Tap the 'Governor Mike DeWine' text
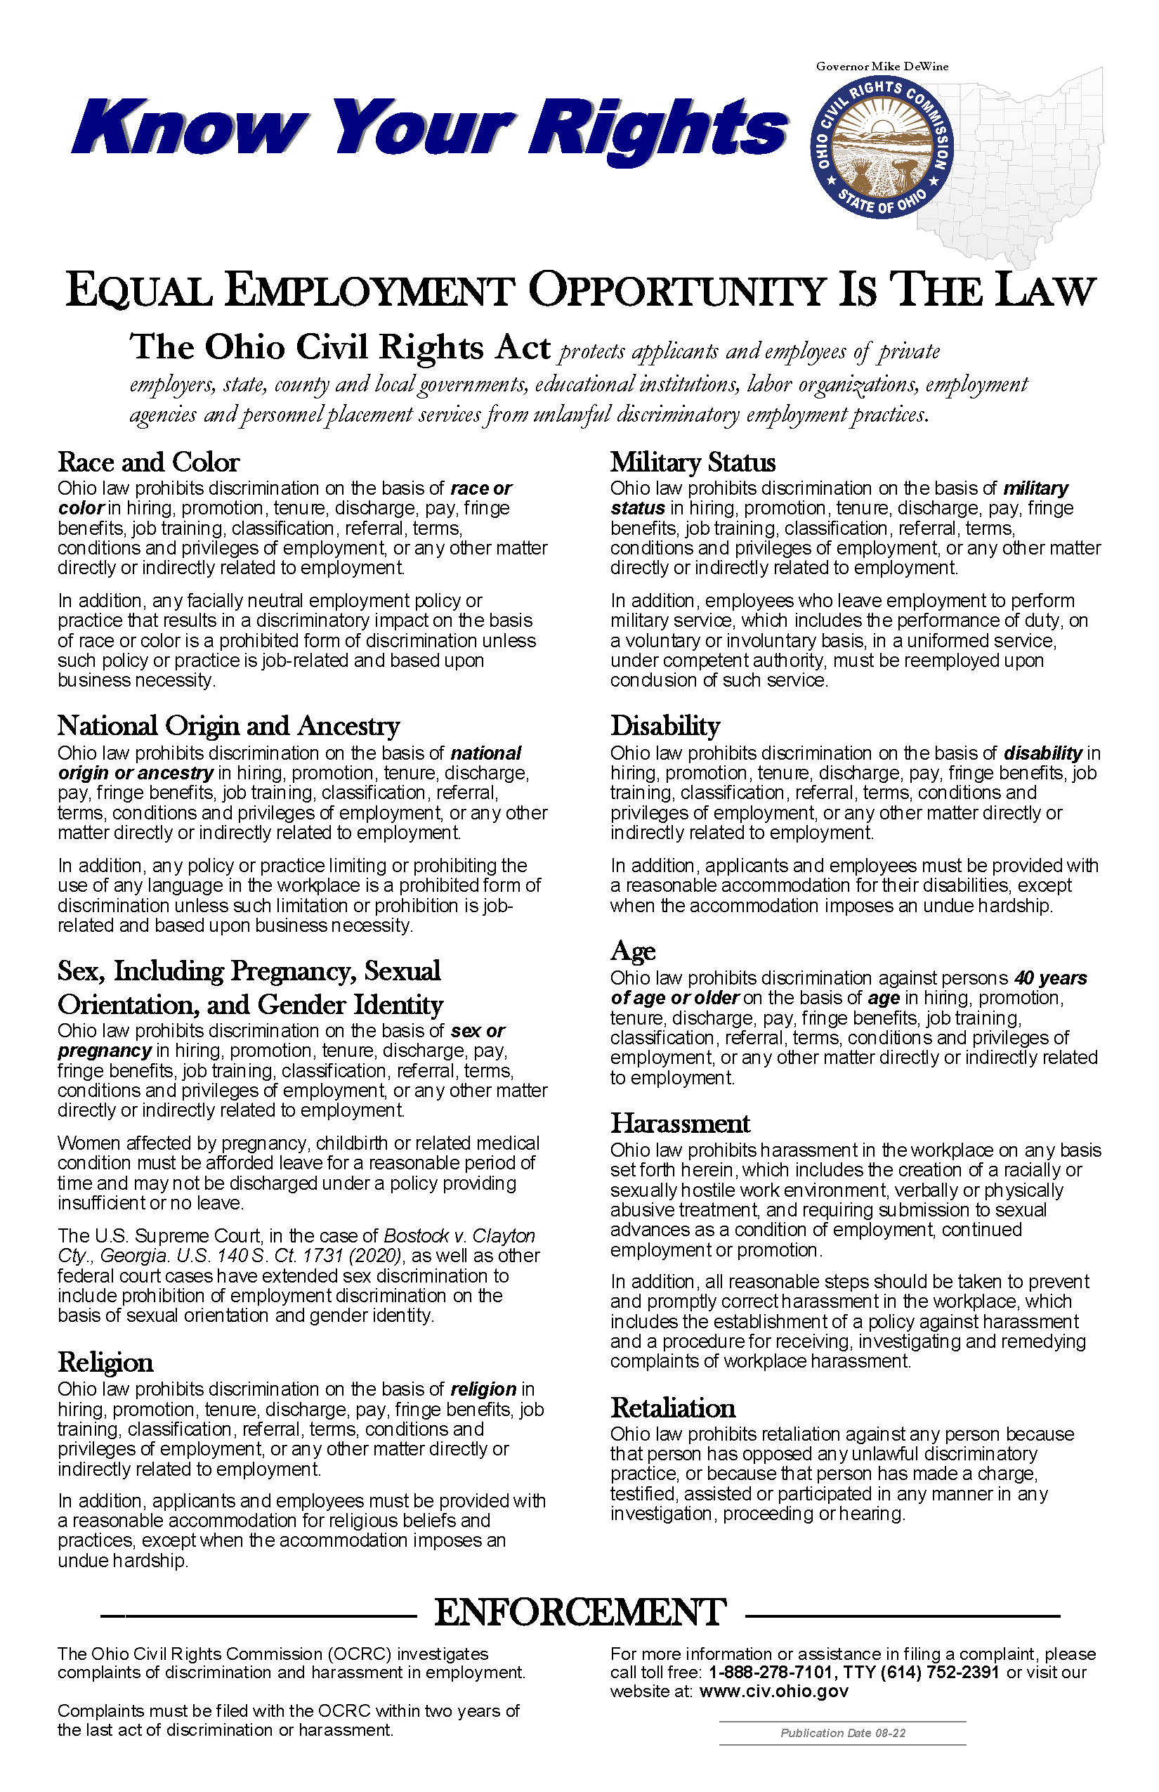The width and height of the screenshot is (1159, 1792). (882, 66)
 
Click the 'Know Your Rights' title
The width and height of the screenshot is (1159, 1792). (429, 128)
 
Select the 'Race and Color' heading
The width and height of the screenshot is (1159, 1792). (148, 462)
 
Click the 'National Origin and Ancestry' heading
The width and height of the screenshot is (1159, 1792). (228, 726)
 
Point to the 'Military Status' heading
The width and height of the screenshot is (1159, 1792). (693, 462)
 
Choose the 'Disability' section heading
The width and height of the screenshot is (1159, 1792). (665, 726)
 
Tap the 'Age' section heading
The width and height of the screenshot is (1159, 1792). (633, 951)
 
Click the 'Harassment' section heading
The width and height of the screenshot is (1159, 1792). (680, 1124)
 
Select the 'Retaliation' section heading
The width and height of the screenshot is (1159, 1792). (673, 1408)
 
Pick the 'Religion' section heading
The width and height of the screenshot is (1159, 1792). (105, 1362)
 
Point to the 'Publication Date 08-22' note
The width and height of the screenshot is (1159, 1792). (842, 1732)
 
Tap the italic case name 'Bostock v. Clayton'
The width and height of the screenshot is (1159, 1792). (459, 1235)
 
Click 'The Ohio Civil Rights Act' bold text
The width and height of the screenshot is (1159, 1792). (340, 348)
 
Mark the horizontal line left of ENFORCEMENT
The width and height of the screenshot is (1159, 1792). (258, 1615)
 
